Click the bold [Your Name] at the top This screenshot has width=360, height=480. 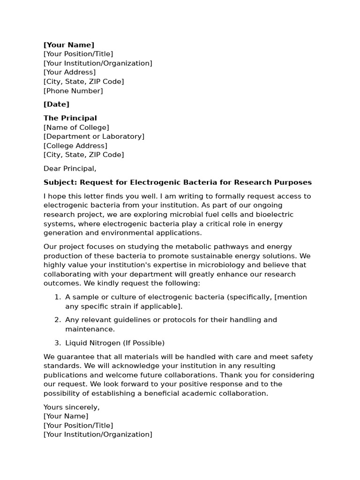[x=69, y=45]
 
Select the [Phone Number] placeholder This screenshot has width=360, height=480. [x=73, y=91]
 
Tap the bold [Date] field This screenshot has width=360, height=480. [x=56, y=104]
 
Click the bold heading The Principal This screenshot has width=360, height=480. [x=70, y=118]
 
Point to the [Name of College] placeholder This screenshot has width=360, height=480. [x=76, y=127]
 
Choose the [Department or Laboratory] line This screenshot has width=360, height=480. [x=94, y=136]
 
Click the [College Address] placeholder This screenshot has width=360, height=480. [x=75, y=146]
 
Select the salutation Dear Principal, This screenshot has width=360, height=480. [x=70, y=169]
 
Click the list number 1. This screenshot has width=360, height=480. [x=57, y=297]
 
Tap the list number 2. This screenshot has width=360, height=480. [x=57, y=320]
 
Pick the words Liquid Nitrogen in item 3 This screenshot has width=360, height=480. [x=93, y=343]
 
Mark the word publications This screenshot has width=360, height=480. [x=64, y=375]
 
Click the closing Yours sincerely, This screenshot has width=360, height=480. [x=71, y=407]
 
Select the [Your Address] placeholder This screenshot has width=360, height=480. [x=69, y=72]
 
